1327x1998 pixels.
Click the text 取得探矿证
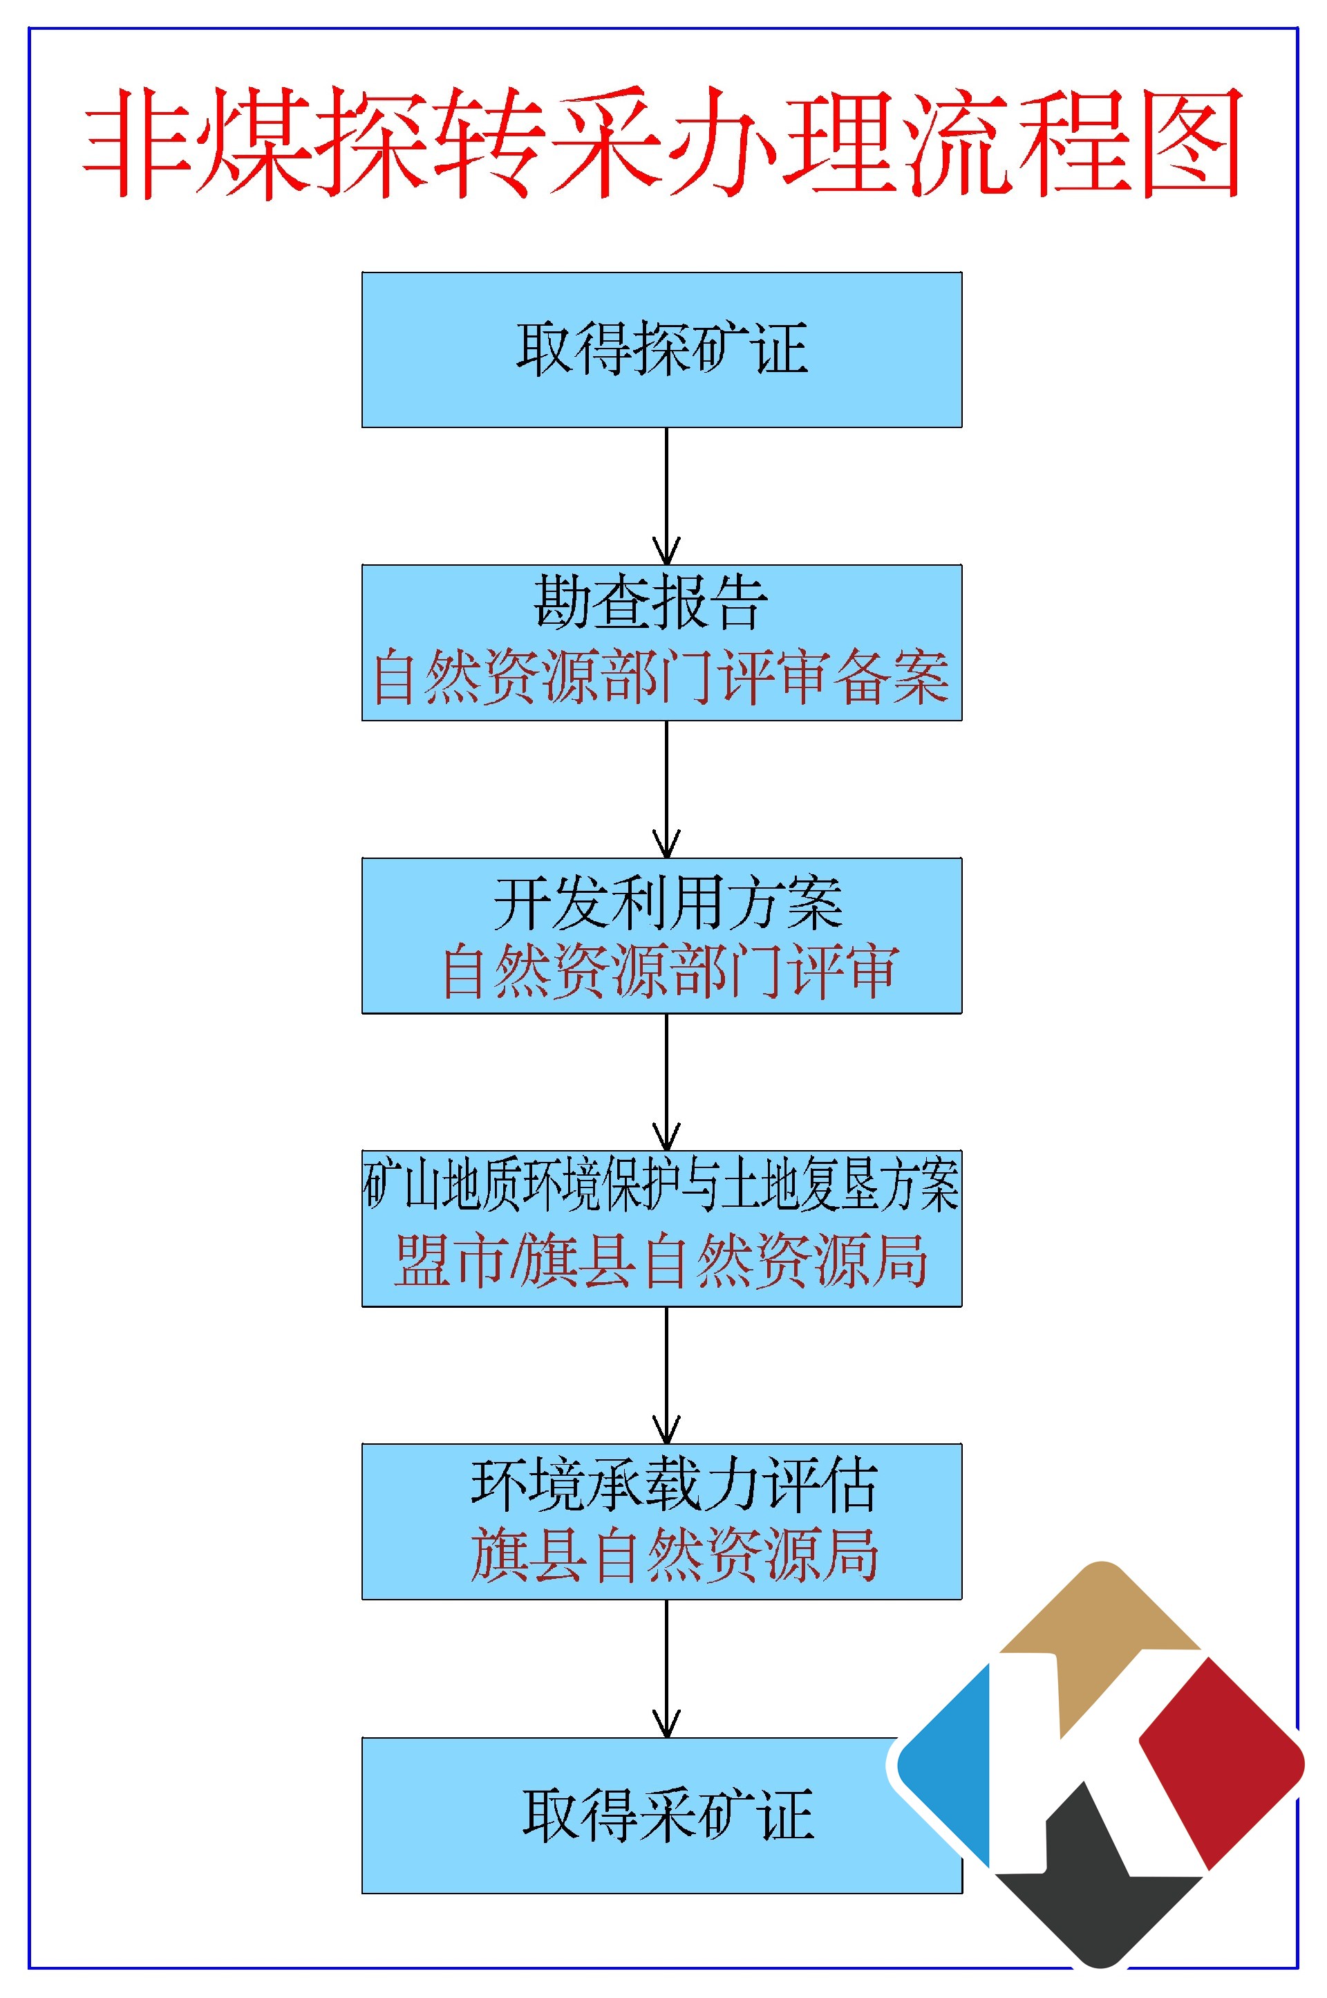662,348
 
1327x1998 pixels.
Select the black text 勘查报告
650,603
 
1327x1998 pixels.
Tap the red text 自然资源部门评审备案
661,677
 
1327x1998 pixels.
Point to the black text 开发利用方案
668,903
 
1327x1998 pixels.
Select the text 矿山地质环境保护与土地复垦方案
661,1185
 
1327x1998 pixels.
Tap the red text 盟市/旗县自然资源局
661,1261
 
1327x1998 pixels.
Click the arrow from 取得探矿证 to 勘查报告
667,496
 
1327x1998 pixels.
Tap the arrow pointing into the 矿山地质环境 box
667,1082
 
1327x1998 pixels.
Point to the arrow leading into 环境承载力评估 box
667,1375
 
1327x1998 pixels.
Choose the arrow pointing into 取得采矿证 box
667,1668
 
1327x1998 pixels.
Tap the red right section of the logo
1218,1761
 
